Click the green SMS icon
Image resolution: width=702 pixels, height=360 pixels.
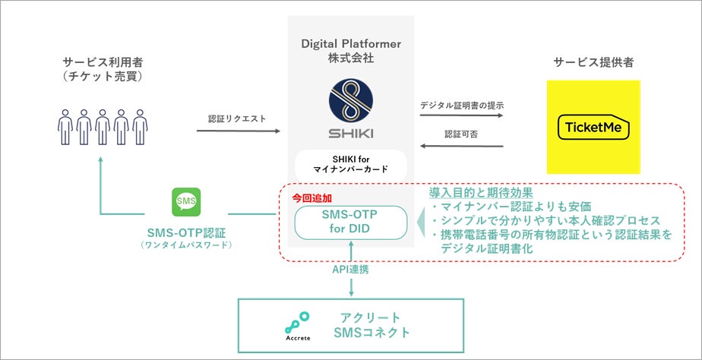[186, 202]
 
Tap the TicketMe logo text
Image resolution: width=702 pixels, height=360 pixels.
[593, 127]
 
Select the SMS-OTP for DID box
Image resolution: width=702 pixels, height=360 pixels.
[350, 223]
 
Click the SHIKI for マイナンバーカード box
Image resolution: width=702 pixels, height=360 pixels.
[350, 164]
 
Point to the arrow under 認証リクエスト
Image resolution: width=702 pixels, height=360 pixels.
[239, 131]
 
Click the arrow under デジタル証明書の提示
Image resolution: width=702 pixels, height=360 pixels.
[462, 115]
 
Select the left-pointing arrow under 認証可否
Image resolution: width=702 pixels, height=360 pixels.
[462, 146]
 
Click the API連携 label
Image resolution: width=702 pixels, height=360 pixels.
[351, 270]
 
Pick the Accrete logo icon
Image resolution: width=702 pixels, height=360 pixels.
[298, 323]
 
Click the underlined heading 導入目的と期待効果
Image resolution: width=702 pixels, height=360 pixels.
[481, 193]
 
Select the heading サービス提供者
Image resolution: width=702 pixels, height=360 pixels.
[593, 63]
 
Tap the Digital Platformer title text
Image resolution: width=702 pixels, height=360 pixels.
[351, 44]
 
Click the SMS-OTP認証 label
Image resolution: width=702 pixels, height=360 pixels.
[186, 232]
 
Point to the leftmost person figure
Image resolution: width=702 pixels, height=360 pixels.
[65, 127]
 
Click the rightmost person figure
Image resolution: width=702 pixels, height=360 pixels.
[140, 127]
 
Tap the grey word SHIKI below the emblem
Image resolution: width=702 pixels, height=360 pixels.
[350, 134]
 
